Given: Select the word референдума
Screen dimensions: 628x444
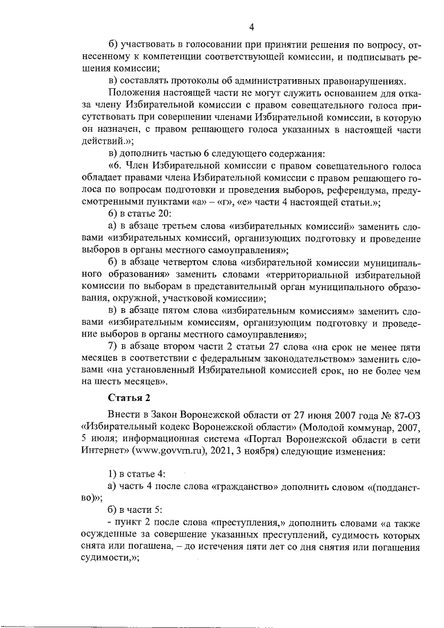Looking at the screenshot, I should (x=359, y=190).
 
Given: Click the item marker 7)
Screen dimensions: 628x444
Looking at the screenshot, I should (x=114, y=346).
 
